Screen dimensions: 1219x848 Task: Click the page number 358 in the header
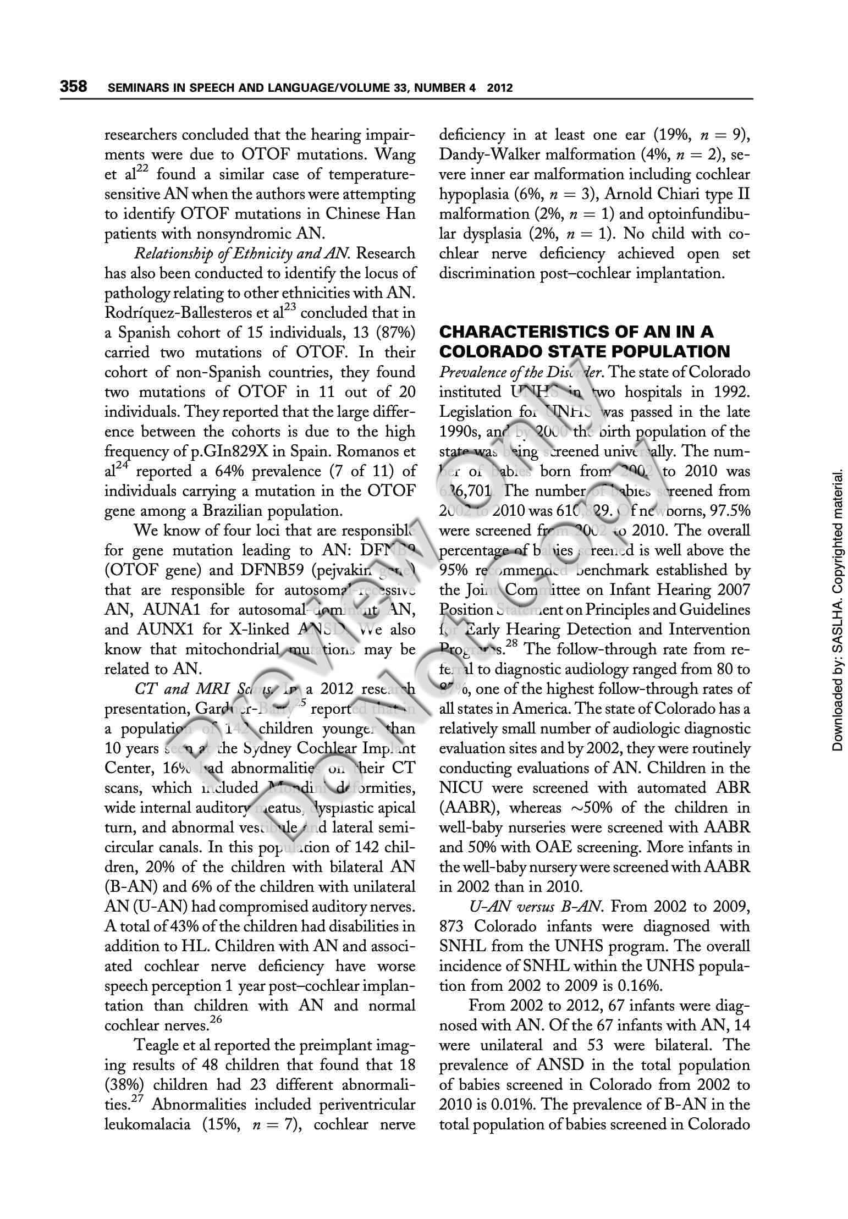pyautogui.click(x=74, y=86)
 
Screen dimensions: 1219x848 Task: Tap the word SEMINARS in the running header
pyautogui.click(x=136, y=87)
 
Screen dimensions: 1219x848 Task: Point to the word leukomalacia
pyautogui.click(x=148, y=1124)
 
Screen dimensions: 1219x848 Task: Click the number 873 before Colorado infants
pyautogui.click(x=453, y=926)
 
